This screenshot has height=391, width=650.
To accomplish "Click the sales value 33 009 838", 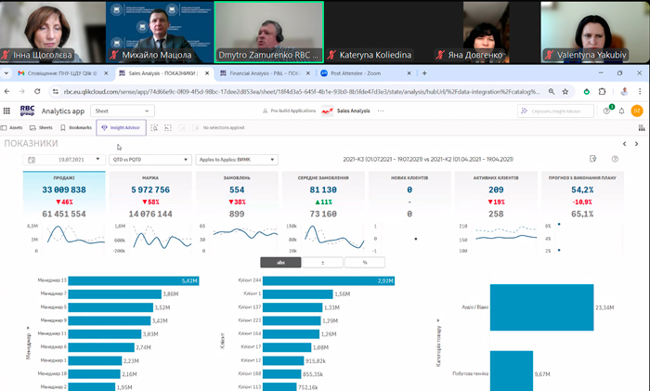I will click(64, 189).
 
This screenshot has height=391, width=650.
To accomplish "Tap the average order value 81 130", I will click(323, 189).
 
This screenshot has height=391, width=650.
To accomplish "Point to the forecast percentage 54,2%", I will click(582, 189).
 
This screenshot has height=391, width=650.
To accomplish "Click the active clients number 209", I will click(496, 189).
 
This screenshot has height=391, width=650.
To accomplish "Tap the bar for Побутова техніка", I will click(520, 371).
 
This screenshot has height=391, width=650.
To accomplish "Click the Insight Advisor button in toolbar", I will click(121, 127).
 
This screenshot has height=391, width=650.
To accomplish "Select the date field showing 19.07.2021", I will click(63, 160).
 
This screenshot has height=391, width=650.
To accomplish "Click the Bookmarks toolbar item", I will click(80, 127).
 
